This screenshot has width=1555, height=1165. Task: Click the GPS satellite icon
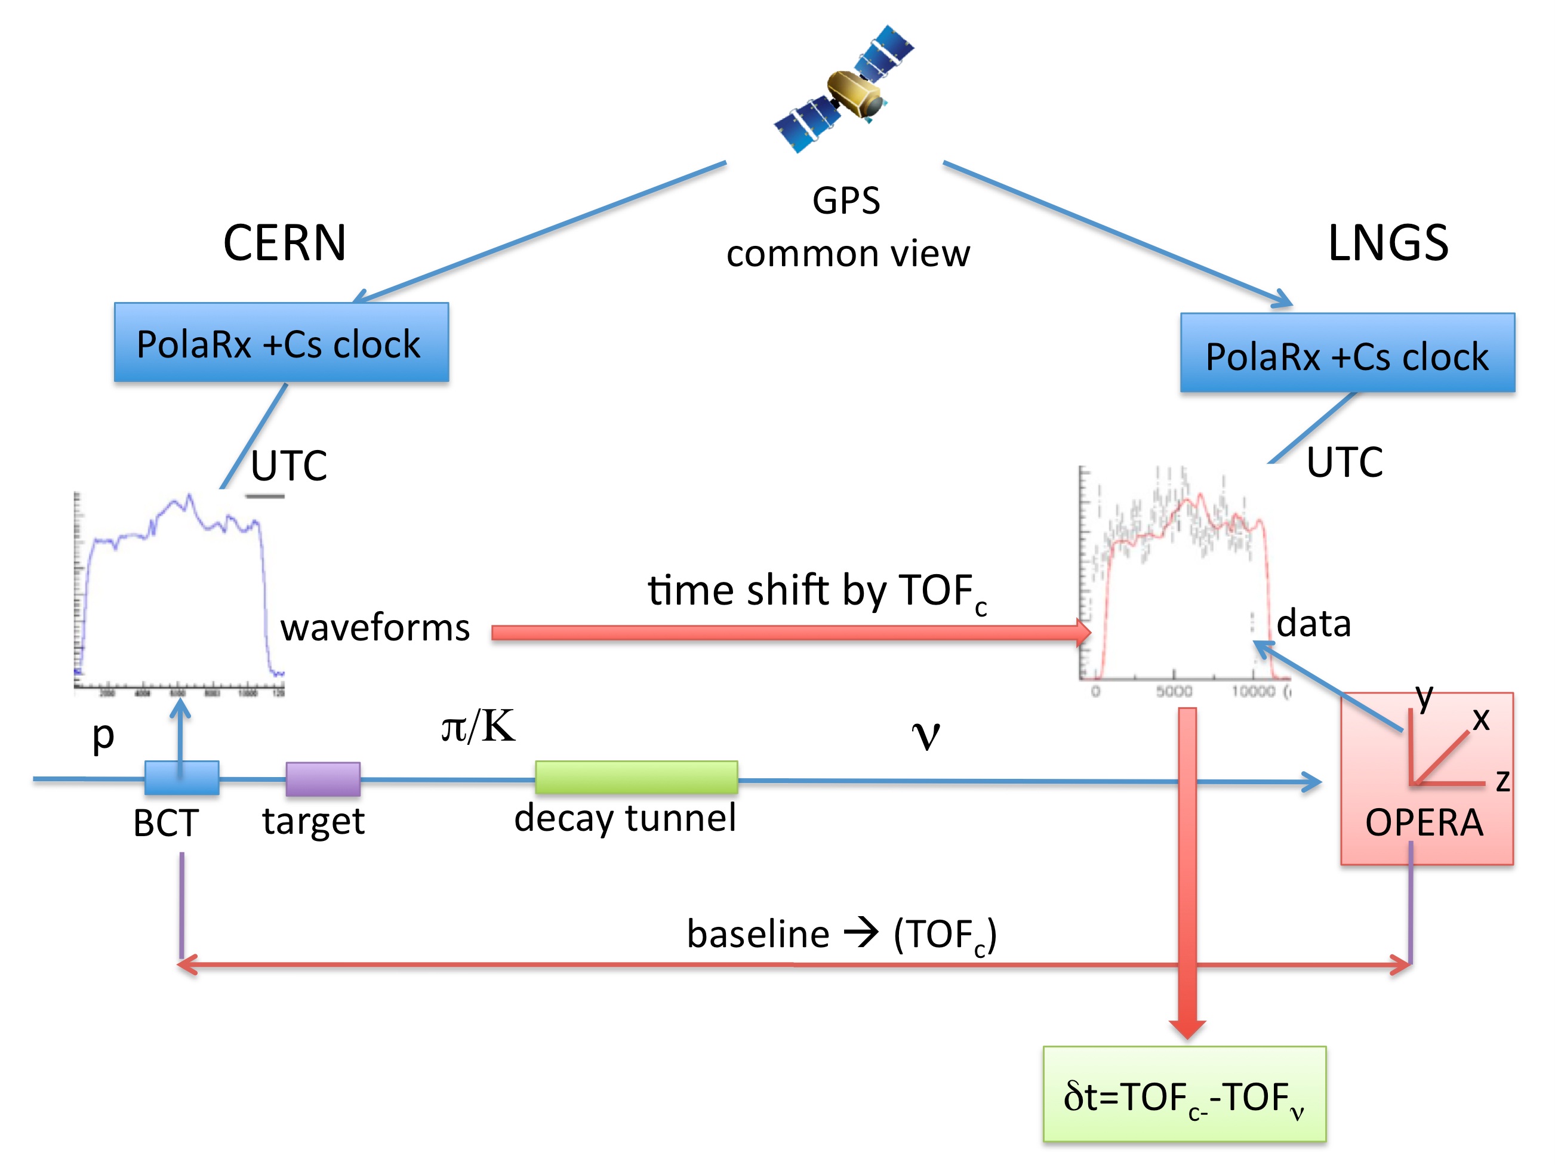click(843, 90)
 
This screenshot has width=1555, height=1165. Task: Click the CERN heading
click(284, 243)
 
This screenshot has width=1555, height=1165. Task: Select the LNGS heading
click(1388, 243)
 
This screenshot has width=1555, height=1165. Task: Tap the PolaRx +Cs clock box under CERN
click(281, 343)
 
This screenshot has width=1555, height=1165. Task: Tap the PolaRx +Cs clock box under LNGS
click(1347, 353)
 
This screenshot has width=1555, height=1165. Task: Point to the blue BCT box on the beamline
click(181, 778)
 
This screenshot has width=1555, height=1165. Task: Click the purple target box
click(323, 778)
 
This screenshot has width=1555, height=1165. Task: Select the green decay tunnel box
click(636, 777)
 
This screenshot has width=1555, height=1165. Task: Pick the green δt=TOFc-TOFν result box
click(1184, 1095)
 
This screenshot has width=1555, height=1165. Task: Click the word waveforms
click(375, 627)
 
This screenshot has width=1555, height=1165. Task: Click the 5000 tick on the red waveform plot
click(1174, 691)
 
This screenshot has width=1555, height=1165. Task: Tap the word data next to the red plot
click(1313, 623)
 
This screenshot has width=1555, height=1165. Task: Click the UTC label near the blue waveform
click(289, 465)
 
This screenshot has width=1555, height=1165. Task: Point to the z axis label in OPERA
click(1502, 780)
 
